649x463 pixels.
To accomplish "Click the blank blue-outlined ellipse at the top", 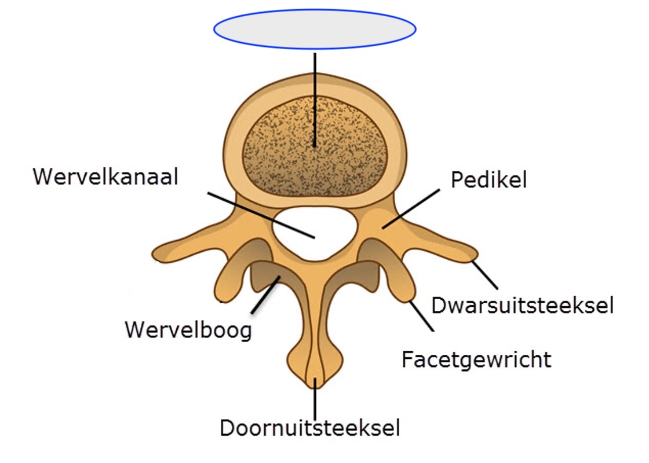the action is point(315,29).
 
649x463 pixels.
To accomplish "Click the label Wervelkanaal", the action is point(105,177).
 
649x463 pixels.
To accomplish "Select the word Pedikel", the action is point(488,180).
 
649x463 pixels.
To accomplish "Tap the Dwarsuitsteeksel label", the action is point(522,304).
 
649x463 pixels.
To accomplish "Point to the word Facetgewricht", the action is point(476,359).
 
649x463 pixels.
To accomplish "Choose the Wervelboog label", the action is point(188,330).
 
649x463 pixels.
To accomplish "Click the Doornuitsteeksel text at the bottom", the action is point(310,428).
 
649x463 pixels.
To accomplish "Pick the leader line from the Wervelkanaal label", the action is point(261,214).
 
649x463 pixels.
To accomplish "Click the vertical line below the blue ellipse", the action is point(315,98).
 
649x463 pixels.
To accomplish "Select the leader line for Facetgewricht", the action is point(421,315).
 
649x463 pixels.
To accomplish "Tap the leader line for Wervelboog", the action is point(265,296).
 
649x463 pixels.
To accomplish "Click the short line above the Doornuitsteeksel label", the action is point(315,399).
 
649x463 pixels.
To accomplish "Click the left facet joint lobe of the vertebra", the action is point(229,278).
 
